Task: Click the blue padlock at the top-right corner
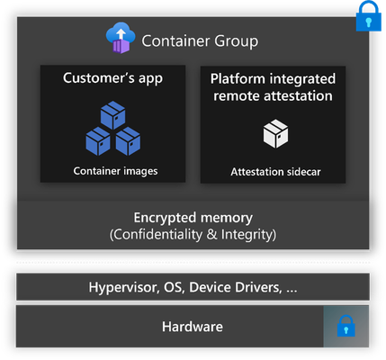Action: (x=369, y=16)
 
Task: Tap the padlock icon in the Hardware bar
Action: (x=346, y=326)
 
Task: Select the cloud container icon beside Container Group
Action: (x=121, y=38)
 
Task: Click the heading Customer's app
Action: (x=112, y=78)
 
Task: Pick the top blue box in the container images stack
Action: (x=112, y=115)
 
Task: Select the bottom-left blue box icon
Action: (x=98, y=141)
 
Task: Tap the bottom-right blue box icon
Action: (x=128, y=141)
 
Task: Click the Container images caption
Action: (x=115, y=171)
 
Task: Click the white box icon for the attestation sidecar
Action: (x=275, y=134)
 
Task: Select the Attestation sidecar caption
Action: (x=275, y=172)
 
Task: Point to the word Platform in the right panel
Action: (x=238, y=79)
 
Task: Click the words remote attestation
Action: (x=273, y=96)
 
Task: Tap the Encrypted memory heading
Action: (x=193, y=218)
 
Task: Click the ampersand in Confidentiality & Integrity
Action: (x=211, y=234)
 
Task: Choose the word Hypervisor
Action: (x=123, y=287)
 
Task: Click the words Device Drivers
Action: (x=236, y=287)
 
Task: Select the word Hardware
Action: (x=193, y=327)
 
